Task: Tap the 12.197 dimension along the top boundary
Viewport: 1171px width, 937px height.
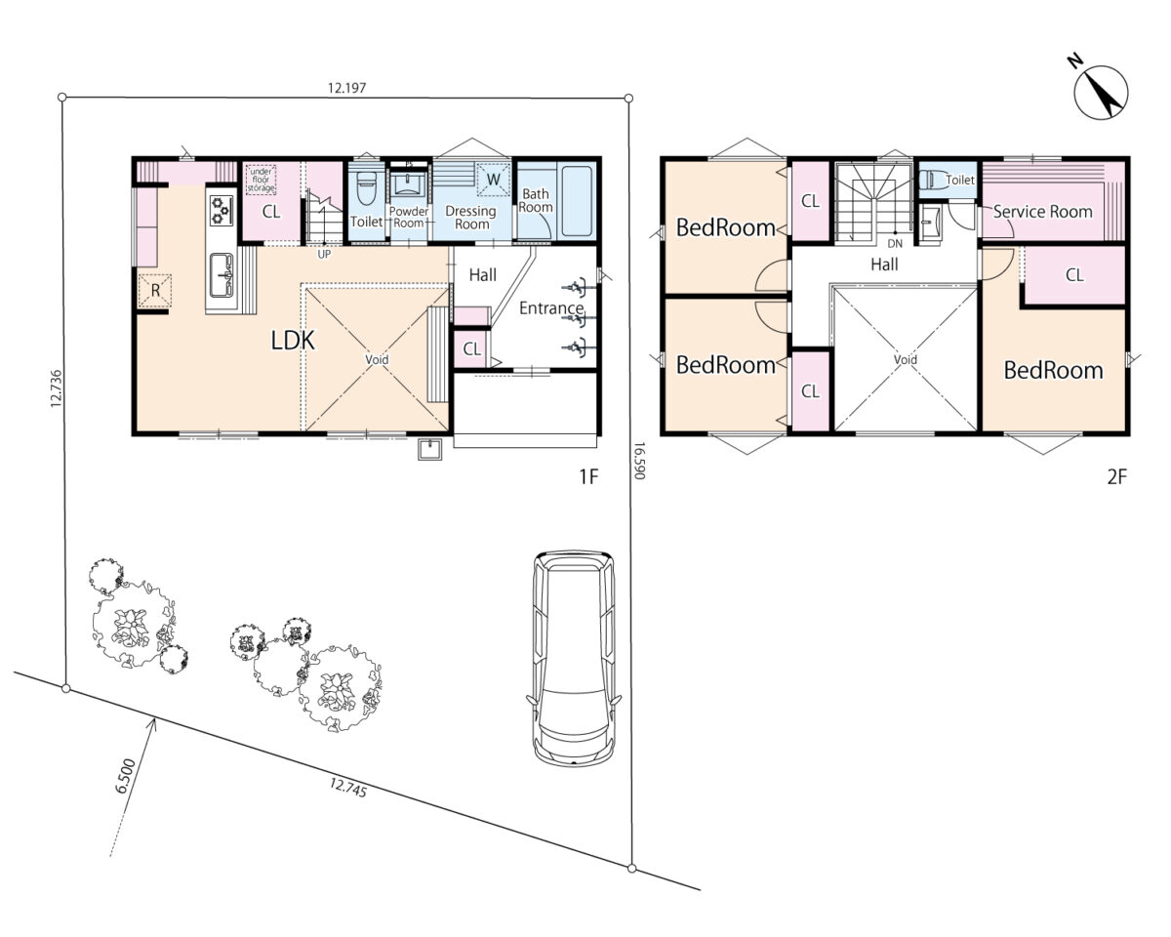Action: click(x=346, y=88)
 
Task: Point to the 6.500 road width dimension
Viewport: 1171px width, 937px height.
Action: click(x=125, y=776)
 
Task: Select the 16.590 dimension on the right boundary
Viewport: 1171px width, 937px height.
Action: click(x=639, y=461)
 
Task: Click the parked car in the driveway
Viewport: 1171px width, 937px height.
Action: click(x=574, y=658)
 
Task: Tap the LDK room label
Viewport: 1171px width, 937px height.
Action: click(x=293, y=341)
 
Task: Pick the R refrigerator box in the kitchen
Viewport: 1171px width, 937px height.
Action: click(x=155, y=291)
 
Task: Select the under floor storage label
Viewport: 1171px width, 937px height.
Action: click(x=262, y=180)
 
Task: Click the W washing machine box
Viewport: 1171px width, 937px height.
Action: click(x=494, y=180)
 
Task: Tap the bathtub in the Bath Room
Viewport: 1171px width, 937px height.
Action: click(x=577, y=201)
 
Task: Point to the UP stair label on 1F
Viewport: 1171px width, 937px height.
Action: click(x=324, y=254)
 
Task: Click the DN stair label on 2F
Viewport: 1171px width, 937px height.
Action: click(x=895, y=243)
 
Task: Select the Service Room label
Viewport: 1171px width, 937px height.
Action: click(x=1042, y=211)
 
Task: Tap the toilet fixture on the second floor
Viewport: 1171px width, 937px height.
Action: click(x=932, y=180)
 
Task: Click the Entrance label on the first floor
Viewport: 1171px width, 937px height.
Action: click(x=551, y=308)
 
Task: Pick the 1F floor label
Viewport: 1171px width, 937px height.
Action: click(x=588, y=476)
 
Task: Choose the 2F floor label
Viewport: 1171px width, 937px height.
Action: click(x=1117, y=476)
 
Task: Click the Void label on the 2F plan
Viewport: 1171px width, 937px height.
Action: click(x=906, y=359)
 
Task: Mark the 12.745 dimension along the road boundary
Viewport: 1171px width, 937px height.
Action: click(x=348, y=788)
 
